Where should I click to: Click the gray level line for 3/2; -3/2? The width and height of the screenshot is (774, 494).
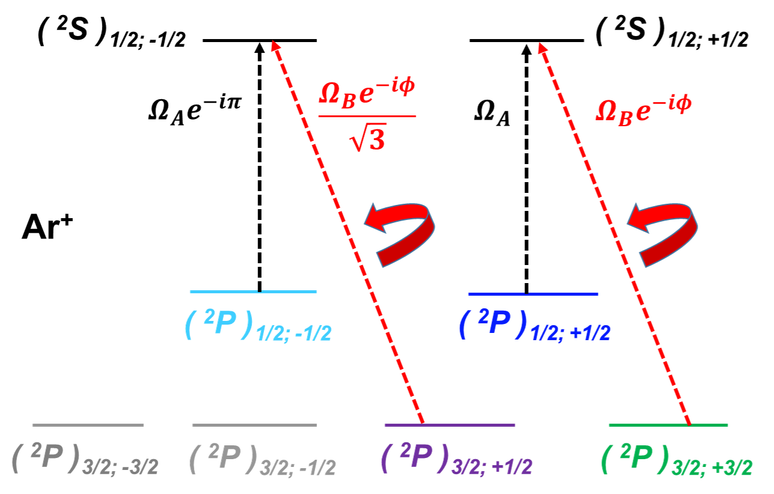(x=88, y=425)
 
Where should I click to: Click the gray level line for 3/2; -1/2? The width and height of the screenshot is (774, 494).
(x=254, y=425)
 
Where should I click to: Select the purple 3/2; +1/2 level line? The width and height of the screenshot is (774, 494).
(x=450, y=425)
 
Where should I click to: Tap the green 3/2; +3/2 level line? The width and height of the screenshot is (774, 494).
(x=668, y=425)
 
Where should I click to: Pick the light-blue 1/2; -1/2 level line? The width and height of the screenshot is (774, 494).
(x=253, y=291)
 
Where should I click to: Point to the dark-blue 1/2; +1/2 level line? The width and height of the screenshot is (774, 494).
(x=532, y=294)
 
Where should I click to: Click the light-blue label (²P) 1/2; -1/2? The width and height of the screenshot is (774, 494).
(x=257, y=327)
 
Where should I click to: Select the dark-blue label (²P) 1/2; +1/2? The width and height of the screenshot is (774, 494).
(x=534, y=327)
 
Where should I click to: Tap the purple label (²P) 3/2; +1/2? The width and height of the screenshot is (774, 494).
(x=456, y=460)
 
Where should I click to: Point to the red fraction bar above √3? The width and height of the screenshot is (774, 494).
(x=366, y=116)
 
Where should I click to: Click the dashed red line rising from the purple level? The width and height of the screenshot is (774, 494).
(x=349, y=234)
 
